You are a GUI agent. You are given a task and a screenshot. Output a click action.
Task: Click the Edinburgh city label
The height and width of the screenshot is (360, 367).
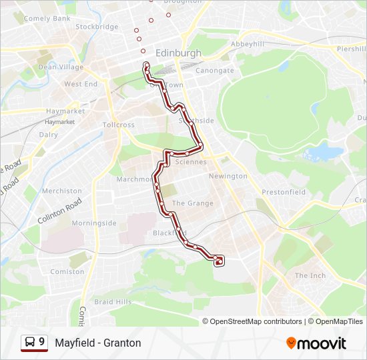[178, 53]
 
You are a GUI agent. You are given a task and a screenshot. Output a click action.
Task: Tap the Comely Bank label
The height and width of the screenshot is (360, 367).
[47, 19]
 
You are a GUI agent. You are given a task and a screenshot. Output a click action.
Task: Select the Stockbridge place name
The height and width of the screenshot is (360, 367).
[97, 27]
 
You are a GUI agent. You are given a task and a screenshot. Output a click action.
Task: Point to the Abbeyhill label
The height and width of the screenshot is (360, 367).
[247, 43]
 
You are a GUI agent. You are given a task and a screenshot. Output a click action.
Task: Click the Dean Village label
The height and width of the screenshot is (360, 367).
[61, 67]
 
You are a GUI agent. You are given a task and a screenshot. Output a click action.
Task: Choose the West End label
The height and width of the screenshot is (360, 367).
[81, 84]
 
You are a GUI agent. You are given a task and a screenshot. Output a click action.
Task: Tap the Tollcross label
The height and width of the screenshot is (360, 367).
[119, 125]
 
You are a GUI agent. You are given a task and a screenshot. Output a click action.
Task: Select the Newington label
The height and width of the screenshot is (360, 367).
[228, 176]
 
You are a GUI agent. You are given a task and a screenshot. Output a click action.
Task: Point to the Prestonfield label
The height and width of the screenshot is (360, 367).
[284, 192]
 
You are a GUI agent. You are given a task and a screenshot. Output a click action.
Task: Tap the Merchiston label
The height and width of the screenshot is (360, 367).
[62, 191]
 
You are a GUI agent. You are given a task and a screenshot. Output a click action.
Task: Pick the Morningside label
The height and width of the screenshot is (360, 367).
[94, 223]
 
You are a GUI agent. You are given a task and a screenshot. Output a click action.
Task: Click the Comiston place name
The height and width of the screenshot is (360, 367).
[68, 272]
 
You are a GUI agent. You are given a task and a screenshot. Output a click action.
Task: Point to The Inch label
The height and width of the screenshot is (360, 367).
[310, 275]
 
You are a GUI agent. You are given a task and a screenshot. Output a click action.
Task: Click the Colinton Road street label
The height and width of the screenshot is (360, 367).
[59, 211]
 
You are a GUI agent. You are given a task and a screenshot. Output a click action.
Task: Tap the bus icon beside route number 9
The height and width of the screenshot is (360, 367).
[30, 342]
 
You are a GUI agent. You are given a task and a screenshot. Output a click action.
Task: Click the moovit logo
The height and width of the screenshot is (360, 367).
[316, 343]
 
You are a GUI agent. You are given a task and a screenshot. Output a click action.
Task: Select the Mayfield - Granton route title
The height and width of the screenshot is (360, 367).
[98, 343]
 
